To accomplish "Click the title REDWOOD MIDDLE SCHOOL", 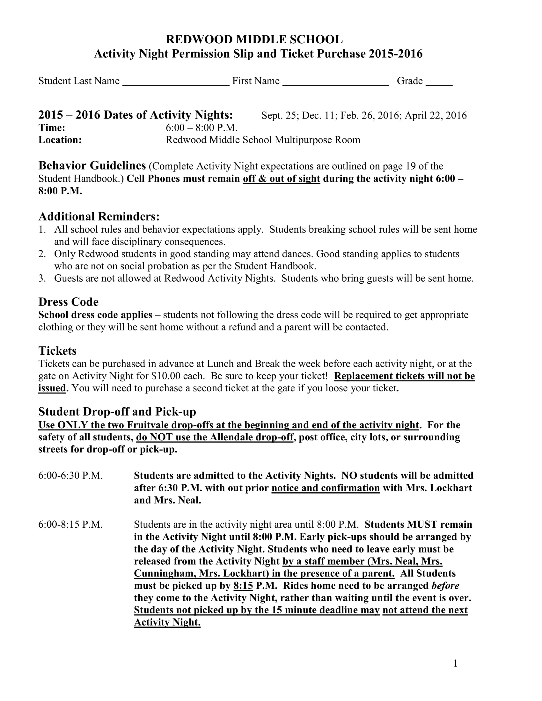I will tap(254, 40).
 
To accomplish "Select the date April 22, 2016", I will tap(436, 115).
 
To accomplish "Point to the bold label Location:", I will tap(60, 140).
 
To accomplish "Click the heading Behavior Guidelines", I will tap(92, 166).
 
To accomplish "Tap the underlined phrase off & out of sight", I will tap(281, 178).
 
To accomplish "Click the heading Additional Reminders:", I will tap(99, 217).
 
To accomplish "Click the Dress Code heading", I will tap(69, 302).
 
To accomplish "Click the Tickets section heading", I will tap(57, 351).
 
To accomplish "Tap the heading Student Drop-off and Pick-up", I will tap(117, 412).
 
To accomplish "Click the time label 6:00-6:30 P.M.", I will tap(70, 476).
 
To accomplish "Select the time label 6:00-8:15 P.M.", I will tap(70, 524).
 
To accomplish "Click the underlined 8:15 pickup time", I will tap(243, 586).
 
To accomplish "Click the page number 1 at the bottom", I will tap(455, 663).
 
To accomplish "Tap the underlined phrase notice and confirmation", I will tap(326, 488).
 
